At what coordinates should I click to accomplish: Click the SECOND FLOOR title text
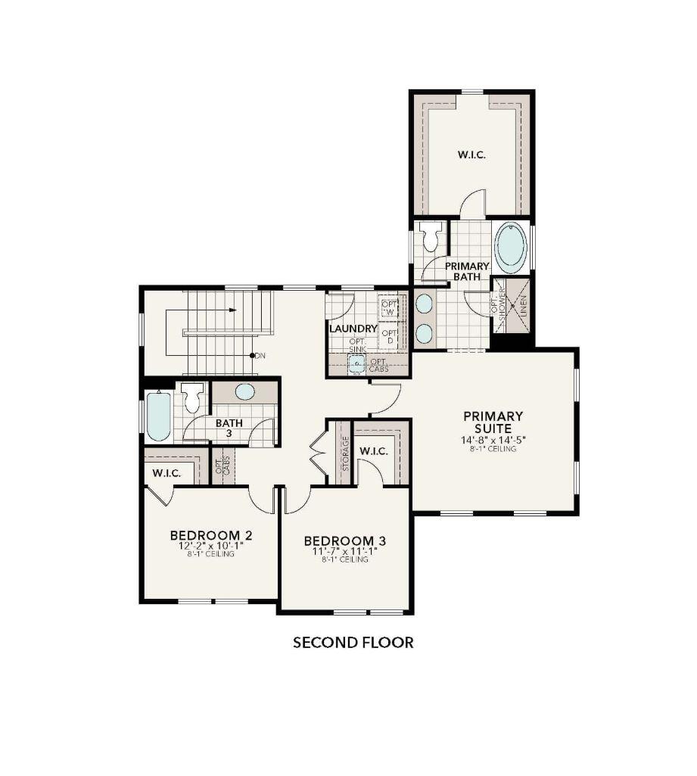(x=353, y=643)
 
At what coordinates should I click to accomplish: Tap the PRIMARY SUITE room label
(x=493, y=422)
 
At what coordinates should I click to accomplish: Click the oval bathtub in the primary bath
(x=511, y=248)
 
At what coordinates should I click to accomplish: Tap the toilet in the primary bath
(x=431, y=238)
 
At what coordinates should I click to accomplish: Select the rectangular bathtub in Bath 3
(x=159, y=416)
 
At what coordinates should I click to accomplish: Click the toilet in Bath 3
(x=192, y=396)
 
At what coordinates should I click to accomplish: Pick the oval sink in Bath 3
(x=244, y=391)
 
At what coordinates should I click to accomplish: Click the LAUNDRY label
(x=353, y=329)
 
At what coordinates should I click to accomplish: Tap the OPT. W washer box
(x=389, y=307)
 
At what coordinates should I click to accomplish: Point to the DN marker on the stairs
(x=260, y=355)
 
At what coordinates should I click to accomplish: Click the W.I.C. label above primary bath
(x=471, y=154)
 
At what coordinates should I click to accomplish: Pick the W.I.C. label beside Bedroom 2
(x=166, y=473)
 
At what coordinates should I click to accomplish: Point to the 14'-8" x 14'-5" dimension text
(x=493, y=440)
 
